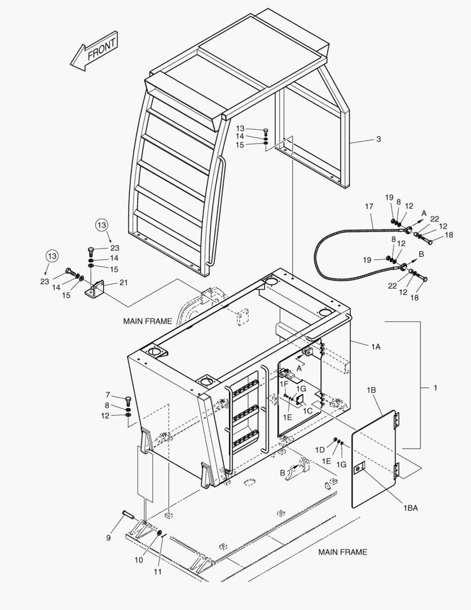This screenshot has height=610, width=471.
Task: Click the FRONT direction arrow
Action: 94,51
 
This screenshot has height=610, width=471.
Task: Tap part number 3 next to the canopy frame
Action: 378,139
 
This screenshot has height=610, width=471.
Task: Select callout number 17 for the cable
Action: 369,206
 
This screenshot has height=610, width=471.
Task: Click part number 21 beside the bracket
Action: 123,283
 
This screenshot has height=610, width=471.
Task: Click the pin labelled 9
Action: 129,514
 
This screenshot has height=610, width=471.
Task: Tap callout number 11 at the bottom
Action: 157,572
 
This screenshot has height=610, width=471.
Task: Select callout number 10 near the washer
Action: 139,560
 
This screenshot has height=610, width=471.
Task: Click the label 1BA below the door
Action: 411,508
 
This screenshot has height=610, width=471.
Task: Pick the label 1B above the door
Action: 371,389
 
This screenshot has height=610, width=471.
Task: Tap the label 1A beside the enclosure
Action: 376,347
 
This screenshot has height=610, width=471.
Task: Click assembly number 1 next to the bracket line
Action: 435,387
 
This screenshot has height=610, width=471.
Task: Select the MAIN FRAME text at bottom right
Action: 342,552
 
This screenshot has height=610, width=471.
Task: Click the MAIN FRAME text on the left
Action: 147,321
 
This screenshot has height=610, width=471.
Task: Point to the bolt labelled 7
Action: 128,399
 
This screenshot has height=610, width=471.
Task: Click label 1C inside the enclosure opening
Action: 307,411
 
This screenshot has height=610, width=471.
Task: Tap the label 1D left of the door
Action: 320,450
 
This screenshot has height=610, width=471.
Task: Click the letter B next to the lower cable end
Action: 421,254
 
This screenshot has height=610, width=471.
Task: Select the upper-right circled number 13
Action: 102,225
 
